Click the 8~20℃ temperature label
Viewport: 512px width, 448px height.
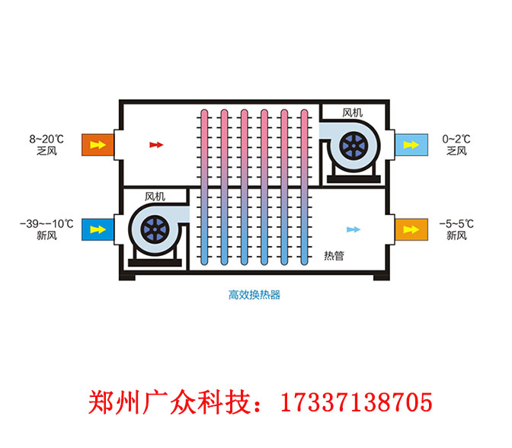(x=46, y=139)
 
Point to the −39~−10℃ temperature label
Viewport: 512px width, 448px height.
(x=46, y=223)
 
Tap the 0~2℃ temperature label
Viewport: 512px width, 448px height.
(x=456, y=139)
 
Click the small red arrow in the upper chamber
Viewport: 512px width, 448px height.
(x=156, y=144)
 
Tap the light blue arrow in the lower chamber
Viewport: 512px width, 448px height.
(x=353, y=229)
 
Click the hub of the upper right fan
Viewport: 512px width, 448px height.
(x=354, y=145)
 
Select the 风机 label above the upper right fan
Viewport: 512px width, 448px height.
(x=353, y=113)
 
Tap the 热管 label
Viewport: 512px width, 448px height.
(x=334, y=256)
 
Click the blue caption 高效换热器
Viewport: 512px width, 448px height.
(x=254, y=294)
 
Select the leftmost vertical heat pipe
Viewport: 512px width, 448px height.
(x=204, y=187)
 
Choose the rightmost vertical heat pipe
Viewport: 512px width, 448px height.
(x=304, y=187)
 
